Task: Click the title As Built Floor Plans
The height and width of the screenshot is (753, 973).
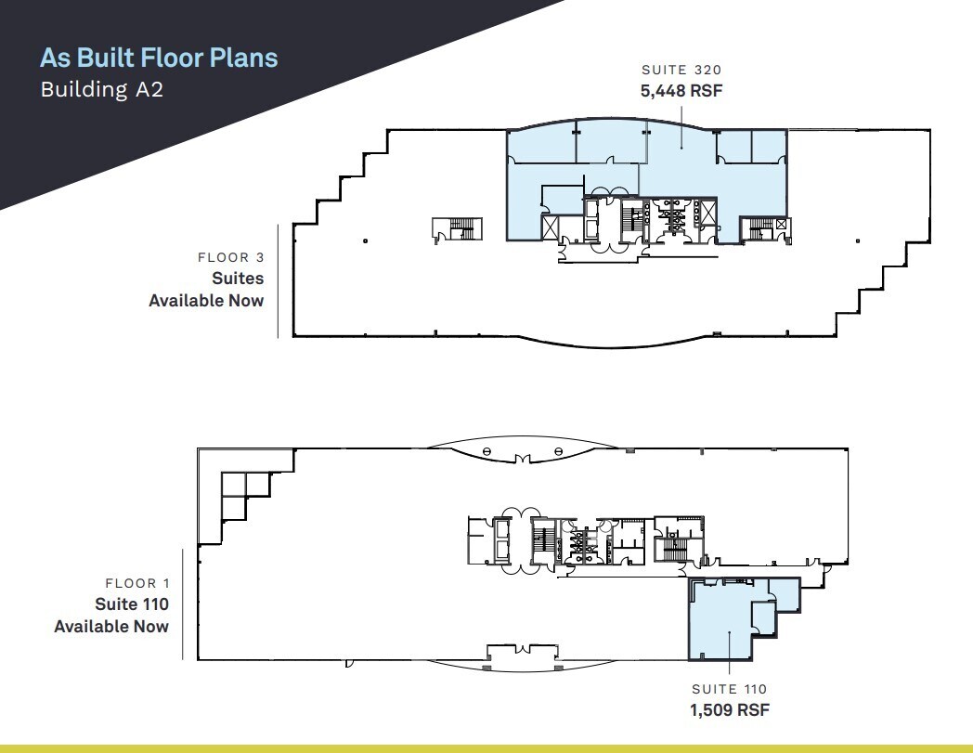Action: click(x=159, y=58)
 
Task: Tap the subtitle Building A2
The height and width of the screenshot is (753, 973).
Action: click(x=102, y=89)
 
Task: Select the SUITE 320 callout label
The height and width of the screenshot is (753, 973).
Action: click(x=681, y=70)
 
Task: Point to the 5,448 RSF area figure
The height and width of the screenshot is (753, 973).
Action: click(x=681, y=91)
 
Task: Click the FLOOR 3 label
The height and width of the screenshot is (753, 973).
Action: click(x=231, y=257)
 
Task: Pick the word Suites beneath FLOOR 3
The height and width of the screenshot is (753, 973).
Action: click(x=238, y=279)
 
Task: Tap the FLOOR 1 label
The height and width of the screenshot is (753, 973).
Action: click(x=137, y=583)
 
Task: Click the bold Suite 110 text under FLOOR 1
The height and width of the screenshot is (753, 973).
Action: click(x=132, y=604)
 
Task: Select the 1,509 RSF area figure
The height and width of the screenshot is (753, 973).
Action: click(x=730, y=709)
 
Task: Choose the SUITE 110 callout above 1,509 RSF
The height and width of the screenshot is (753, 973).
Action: click(x=730, y=689)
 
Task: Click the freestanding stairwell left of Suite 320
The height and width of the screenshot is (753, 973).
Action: click(x=458, y=229)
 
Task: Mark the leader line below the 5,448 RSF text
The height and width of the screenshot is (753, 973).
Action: click(x=682, y=127)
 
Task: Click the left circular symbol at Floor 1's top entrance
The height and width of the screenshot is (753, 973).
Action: click(x=487, y=451)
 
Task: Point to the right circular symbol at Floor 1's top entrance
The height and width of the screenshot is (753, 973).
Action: click(x=559, y=451)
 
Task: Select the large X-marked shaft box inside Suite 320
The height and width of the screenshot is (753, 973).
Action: click(x=551, y=227)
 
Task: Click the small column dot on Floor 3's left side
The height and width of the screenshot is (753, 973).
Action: click(x=366, y=240)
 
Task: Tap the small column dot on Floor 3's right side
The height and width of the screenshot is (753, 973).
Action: click(x=858, y=240)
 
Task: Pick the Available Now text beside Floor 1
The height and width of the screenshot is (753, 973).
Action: click(x=111, y=627)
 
